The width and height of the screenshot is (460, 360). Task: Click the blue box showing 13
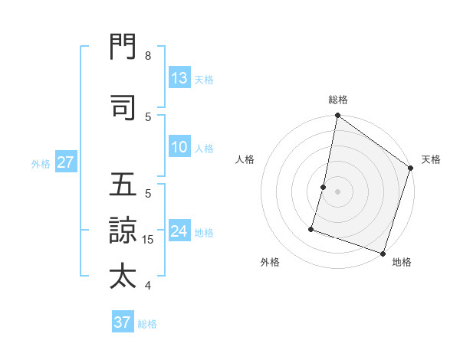[179, 78]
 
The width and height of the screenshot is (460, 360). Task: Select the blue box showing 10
[179, 147]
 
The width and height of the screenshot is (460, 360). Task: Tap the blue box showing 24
[179, 231]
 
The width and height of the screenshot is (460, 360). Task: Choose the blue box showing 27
[65, 162]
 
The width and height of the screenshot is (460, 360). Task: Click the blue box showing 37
[123, 322]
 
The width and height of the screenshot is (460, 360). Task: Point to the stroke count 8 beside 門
[148, 56]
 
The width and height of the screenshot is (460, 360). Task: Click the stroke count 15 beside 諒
[149, 240]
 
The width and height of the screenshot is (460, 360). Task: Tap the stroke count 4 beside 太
[148, 286]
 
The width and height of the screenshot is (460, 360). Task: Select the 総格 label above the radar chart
[338, 100]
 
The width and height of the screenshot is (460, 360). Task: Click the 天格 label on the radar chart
[431, 159]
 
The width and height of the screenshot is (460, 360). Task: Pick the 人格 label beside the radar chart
[245, 159]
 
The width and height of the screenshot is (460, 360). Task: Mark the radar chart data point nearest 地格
[383, 253]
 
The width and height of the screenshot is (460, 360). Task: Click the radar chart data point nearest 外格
[312, 228]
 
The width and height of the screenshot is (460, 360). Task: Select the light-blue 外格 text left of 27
[41, 163]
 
